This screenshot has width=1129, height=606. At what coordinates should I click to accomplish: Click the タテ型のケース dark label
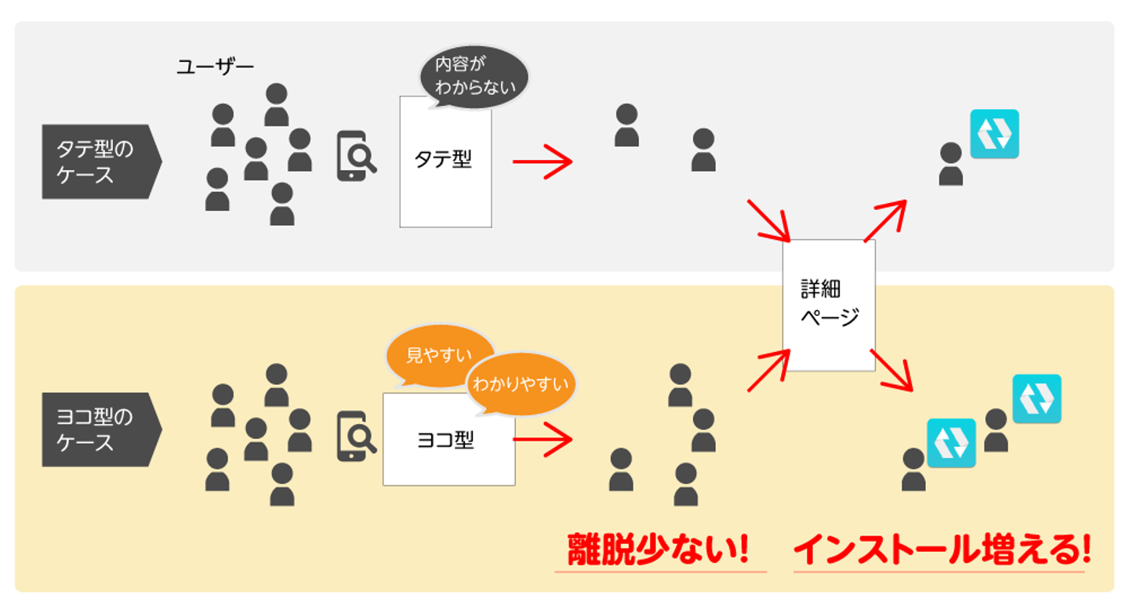coord(99,161)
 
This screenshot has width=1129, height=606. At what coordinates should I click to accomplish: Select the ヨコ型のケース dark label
coord(99,430)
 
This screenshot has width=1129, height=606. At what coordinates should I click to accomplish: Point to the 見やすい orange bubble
coord(439,356)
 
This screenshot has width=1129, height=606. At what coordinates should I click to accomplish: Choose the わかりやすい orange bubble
coord(521,384)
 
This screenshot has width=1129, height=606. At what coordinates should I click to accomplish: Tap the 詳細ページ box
coord(829,304)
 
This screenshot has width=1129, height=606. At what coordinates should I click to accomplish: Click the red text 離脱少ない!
coord(659,551)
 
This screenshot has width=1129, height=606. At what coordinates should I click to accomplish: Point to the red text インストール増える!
coord(941,551)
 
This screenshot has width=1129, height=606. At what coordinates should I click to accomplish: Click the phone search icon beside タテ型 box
coord(356,157)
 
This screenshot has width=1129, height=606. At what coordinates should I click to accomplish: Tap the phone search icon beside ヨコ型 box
coord(356,437)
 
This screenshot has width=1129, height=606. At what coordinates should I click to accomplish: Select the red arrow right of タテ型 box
coord(543,161)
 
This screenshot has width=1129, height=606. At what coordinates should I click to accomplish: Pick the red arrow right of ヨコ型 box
coord(543,440)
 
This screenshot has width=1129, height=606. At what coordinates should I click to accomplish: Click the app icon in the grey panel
coord(994,134)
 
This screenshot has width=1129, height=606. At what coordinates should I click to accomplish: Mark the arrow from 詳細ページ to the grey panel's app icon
coord(885,220)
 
